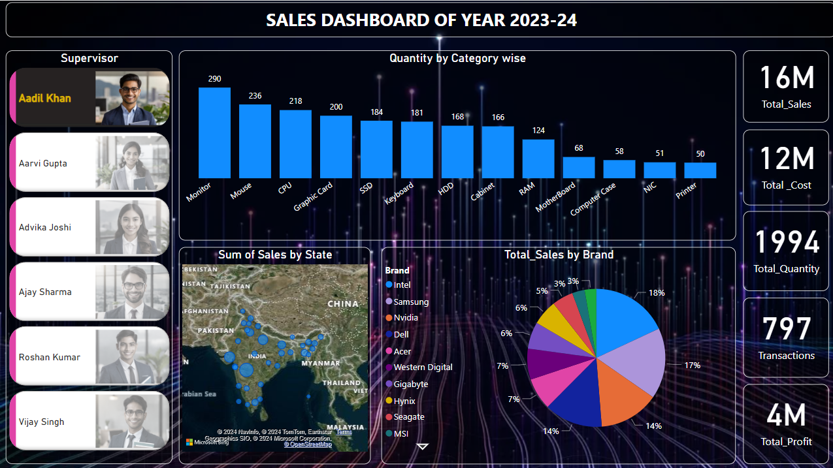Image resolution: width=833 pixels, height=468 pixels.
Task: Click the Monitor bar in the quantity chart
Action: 214,133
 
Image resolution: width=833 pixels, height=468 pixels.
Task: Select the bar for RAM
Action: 538,159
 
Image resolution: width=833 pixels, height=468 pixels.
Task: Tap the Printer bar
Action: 700,170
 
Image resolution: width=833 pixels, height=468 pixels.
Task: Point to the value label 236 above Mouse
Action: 255,96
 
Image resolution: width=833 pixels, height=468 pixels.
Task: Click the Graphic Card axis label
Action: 314,196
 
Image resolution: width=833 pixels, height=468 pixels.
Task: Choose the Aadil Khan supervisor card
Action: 90,97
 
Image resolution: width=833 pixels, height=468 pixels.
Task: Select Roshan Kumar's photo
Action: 132,356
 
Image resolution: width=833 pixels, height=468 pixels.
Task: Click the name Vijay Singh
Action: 42,422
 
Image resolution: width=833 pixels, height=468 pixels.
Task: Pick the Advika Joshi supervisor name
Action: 45,227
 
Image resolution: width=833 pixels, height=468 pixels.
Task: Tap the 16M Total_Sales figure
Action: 786,78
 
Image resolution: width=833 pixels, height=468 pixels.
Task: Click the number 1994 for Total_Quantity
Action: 786,242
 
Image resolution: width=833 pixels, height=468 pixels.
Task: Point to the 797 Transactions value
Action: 786,330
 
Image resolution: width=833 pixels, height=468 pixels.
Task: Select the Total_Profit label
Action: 786,442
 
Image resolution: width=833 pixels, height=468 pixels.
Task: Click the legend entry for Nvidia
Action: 406,318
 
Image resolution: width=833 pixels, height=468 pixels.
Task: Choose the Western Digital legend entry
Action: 423,367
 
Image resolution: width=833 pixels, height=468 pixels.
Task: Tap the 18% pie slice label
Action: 656,293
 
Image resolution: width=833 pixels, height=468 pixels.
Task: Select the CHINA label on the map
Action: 343,304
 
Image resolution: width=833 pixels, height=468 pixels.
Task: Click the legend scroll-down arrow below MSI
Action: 422,446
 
